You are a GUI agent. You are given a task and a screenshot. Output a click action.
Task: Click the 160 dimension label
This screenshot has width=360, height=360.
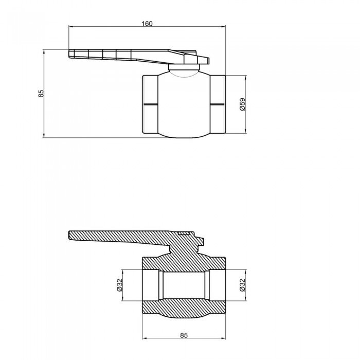(x=147, y=23)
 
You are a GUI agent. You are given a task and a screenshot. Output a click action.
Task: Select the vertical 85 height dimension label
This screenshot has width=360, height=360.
(x=41, y=93)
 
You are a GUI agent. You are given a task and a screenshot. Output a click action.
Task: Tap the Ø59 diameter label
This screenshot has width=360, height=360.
(x=243, y=105)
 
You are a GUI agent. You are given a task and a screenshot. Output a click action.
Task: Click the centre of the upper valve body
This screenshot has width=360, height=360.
(x=184, y=105)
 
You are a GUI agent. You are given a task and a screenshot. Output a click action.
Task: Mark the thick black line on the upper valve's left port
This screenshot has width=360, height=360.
(x=150, y=105)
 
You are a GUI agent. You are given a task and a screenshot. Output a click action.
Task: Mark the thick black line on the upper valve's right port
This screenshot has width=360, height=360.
(x=218, y=105)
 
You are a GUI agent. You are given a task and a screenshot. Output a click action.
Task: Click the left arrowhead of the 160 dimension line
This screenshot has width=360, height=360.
(x=70, y=27)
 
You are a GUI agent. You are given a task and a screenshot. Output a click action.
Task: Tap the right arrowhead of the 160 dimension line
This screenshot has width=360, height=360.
(x=225, y=27)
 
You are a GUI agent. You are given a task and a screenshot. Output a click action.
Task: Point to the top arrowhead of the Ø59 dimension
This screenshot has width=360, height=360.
(x=246, y=77)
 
